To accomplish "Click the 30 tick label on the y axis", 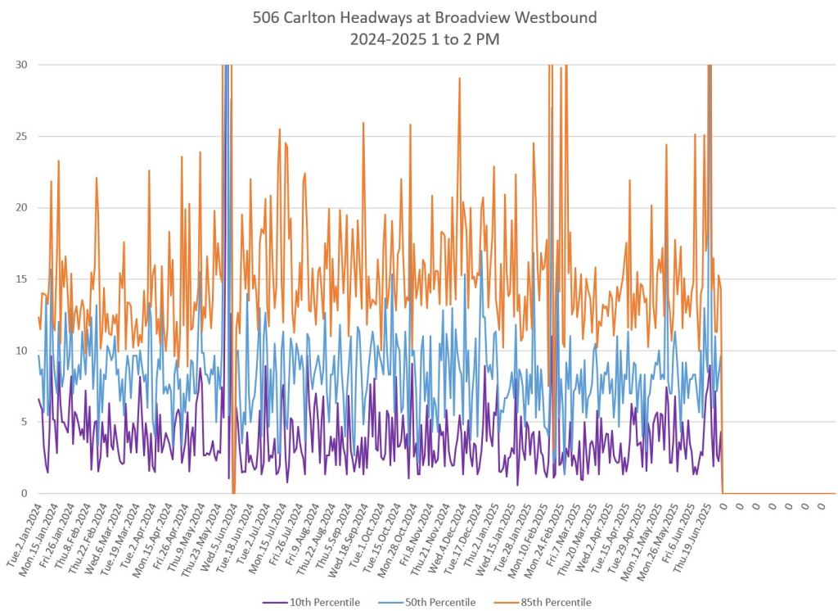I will [20, 65].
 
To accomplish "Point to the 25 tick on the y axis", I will [20, 136].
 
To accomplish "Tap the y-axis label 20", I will [20, 207].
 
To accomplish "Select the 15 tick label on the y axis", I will [20, 279].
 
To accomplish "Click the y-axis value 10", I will [20, 351].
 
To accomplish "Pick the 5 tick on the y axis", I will [23, 422].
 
